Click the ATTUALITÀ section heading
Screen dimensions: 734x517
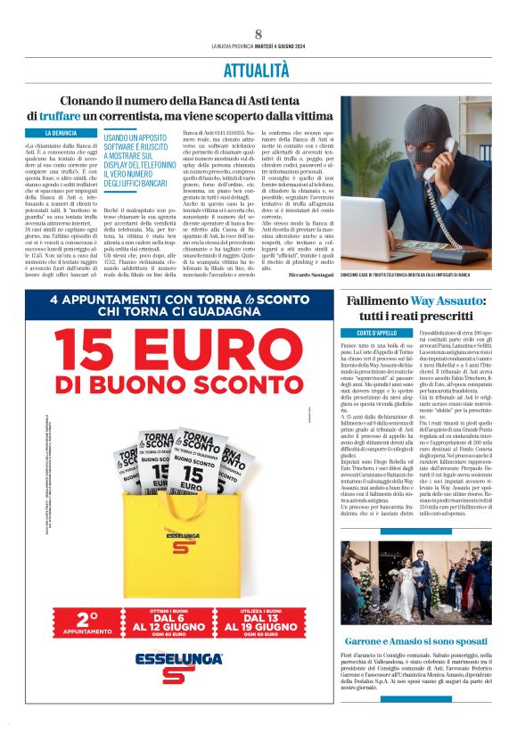click(x=258, y=69)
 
